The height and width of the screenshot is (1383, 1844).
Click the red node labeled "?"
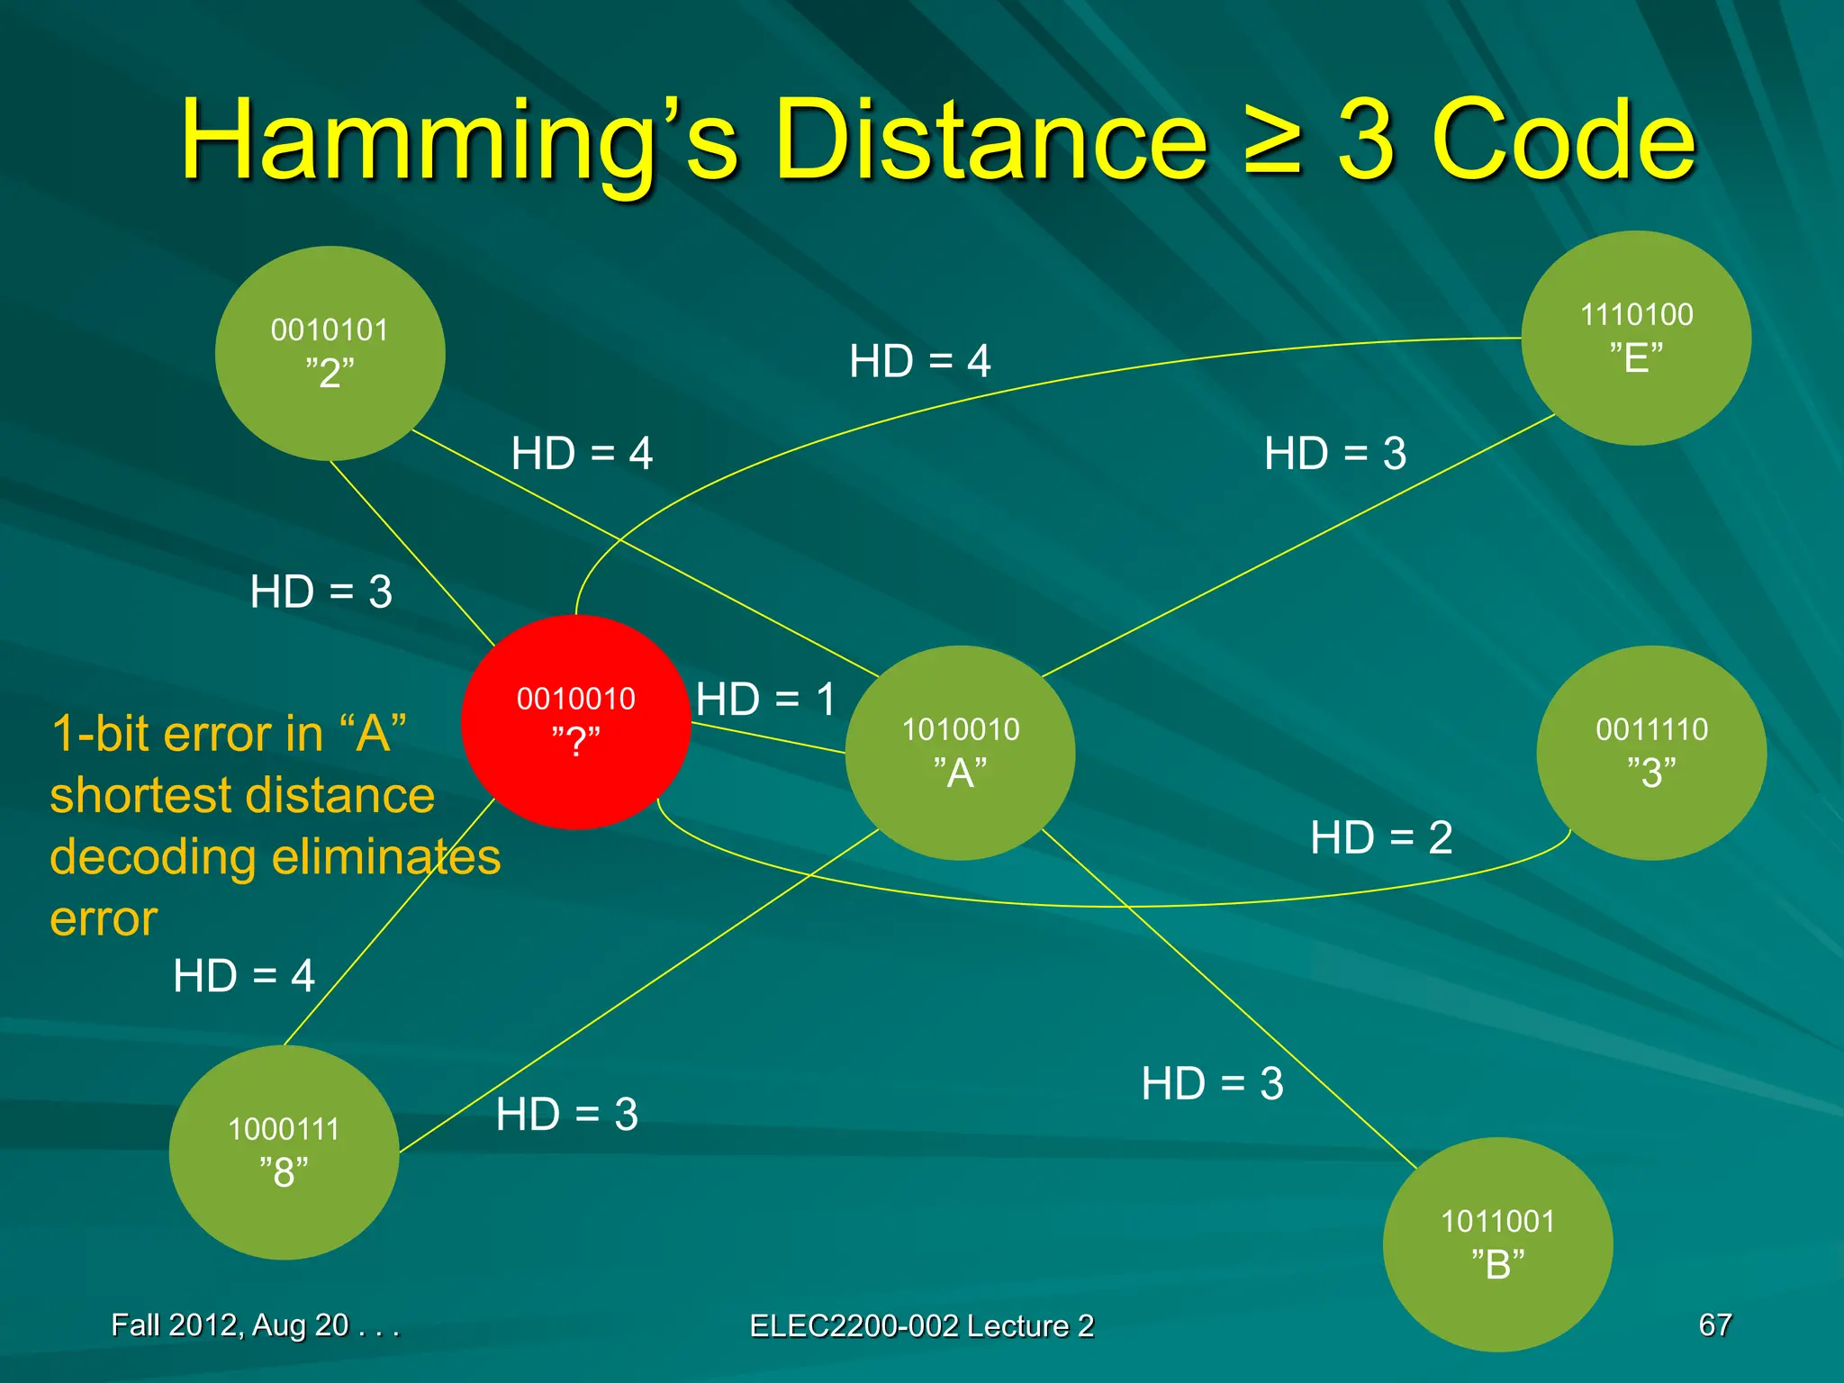click(x=575, y=721)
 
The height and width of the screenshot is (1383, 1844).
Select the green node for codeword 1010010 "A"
click(x=960, y=753)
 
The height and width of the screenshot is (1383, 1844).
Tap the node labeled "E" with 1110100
click(x=1636, y=338)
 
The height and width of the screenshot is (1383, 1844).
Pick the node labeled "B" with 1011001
click(x=1497, y=1244)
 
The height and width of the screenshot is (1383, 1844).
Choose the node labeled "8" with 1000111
click(x=284, y=1152)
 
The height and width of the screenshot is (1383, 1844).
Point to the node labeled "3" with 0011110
click(x=1651, y=753)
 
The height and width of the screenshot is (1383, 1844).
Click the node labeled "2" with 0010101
click(x=330, y=353)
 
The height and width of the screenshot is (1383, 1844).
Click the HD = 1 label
click(x=766, y=700)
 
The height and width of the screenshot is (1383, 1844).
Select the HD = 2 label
click(x=1381, y=837)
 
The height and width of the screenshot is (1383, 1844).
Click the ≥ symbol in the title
click(x=1272, y=141)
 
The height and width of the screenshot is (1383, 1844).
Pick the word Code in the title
click(x=1562, y=141)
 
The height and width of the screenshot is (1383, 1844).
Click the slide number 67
click(x=1714, y=1324)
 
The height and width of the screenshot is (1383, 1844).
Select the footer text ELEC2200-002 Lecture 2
click(x=921, y=1325)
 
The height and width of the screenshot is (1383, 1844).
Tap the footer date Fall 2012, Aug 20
click(x=254, y=1324)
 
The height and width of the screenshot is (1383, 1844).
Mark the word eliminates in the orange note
click(x=386, y=856)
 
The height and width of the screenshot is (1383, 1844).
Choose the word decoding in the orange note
click(x=153, y=856)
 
